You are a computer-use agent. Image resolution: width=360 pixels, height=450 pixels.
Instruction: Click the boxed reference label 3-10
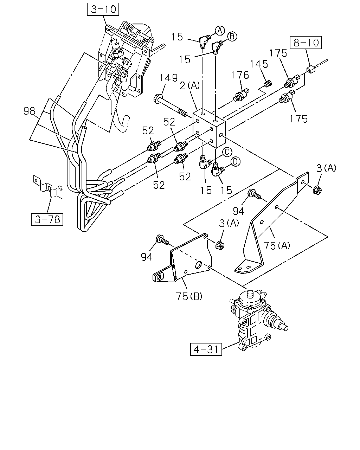tap(103, 9)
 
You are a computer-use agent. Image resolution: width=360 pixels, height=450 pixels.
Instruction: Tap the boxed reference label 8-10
tap(306, 43)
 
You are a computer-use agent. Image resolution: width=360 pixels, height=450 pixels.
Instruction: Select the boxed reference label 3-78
tap(47, 220)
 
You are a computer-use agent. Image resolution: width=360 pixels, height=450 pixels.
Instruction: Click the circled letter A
tap(220, 31)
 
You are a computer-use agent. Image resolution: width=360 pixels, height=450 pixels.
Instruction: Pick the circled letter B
tap(232, 37)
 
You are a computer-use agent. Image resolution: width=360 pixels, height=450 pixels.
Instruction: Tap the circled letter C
tap(227, 152)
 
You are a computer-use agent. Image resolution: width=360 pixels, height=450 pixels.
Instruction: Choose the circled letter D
tap(236, 162)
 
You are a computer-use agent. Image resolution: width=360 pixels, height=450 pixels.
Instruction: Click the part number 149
tap(169, 78)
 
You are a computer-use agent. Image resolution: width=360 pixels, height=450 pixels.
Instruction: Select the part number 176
tap(240, 75)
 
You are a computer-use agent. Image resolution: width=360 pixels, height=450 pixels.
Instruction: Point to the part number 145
tap(259, 64)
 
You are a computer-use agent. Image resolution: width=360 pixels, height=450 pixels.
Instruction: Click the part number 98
tap(29, 111)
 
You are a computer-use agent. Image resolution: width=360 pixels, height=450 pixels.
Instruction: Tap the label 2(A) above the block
tap(190, 85)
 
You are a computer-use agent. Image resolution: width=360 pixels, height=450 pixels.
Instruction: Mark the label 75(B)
tap(189, 296)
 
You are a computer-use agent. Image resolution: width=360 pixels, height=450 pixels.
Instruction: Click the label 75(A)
tap(277, 245)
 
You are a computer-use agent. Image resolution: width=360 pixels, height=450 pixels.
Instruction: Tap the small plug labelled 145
tap(268, 84)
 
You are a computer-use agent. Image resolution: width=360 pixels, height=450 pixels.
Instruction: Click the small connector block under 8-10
tap(311, 69)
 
